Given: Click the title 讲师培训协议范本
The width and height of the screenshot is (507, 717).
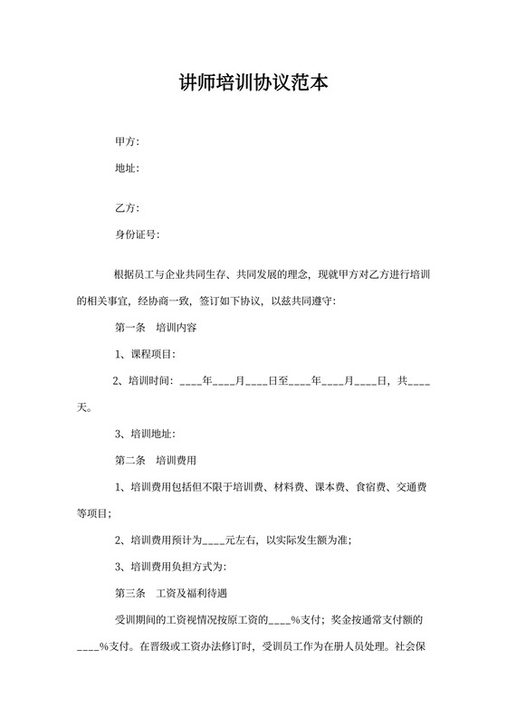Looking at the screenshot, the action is click(x=253, y=84).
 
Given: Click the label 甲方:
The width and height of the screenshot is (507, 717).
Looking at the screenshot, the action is click(x=127, y=142).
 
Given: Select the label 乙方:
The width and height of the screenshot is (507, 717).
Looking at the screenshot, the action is click(x=127, y=207).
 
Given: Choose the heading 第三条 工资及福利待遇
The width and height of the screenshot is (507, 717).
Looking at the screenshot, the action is click(x=169, y=594).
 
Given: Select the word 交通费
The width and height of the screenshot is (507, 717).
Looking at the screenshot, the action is click(x=413, y=488).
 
